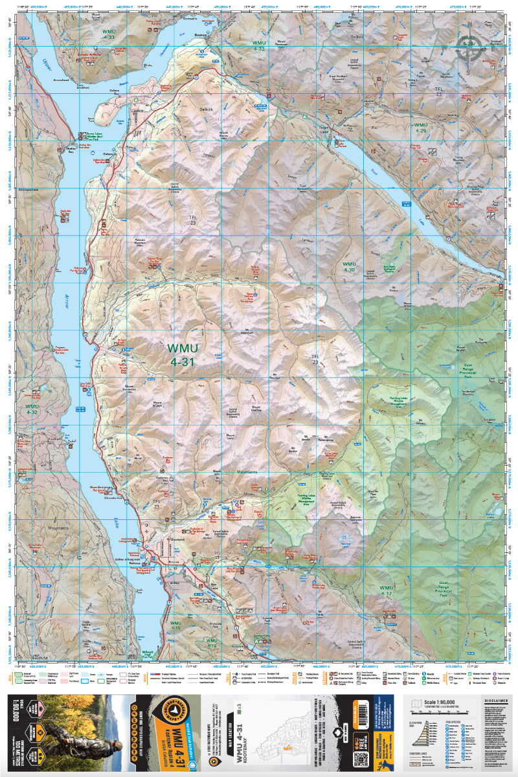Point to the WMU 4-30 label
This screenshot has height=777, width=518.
pos(350,267)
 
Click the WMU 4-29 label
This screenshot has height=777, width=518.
pos(421,128)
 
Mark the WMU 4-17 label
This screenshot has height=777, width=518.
pos(386,590)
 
